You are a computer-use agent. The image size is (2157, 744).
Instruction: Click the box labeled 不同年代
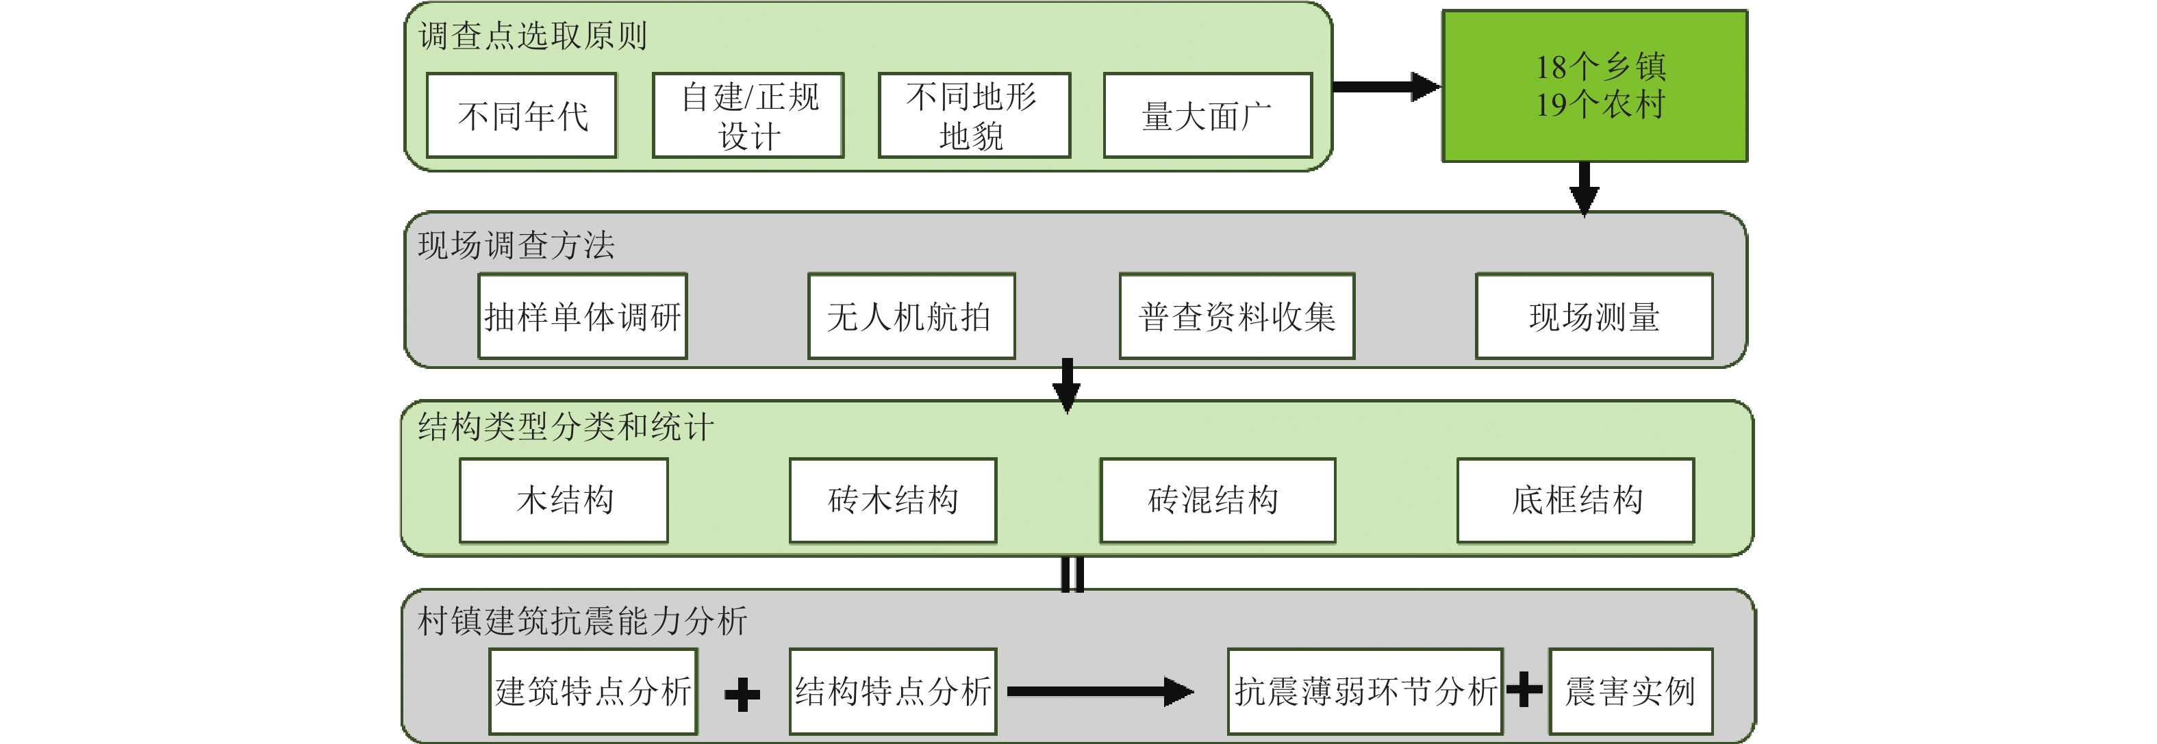point(522,116)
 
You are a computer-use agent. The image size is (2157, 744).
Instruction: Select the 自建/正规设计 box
point(748,116)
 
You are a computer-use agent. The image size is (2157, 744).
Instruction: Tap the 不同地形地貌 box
point(974,116)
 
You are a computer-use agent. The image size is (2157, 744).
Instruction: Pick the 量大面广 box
point(1207,116)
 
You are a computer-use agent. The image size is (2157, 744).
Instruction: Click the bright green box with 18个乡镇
point(1594,86)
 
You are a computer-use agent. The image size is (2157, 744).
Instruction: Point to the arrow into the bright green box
point(1386,86)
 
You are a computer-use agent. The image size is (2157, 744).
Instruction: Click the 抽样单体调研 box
point(583,316)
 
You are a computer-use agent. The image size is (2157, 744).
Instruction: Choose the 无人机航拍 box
point(911,316)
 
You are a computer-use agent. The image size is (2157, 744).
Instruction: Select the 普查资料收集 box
point(1237,316)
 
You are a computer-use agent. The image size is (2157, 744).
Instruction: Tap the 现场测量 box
point(1593,316)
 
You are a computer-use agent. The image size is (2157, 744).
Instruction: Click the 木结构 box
point(564,500)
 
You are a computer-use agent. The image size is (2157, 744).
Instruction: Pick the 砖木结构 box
point(893,500)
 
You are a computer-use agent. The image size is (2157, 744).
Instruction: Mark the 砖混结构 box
point(1218,500)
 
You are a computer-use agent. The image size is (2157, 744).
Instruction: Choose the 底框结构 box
point(1575,500)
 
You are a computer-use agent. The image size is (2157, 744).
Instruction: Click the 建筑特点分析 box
point(593,691)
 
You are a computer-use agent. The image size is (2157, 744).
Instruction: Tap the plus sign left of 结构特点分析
point(742,695)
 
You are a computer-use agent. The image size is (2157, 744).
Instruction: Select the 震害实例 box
point(1630,691)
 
